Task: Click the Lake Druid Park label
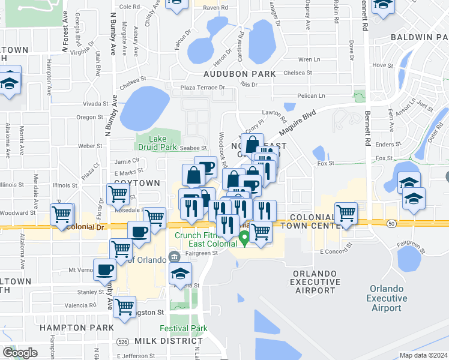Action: click(x=162, y=143)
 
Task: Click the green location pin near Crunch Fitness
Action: click(x=244, y=239)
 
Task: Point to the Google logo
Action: click(x=20, y=352)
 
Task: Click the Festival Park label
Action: click(x=184, y=328)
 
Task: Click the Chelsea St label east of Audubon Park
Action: click(x=294, y=73)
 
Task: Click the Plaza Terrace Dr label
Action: click(x=202, y=88)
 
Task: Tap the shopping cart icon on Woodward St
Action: click(x=62, y=214)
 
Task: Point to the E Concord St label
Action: click(x=335, y=251)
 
